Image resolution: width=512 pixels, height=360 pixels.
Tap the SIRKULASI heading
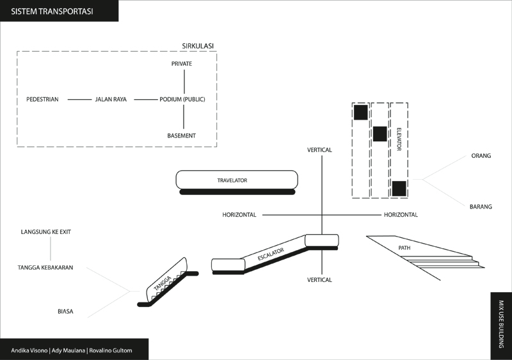[x=198, y=45]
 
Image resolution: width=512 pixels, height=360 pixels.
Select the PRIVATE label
[x=182, y=64]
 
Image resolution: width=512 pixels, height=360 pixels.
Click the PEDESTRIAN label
[x=43, y=100]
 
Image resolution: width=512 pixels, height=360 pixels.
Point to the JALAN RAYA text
[x=111, y=100]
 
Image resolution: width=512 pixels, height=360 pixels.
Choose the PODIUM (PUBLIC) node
[x=182, y=100]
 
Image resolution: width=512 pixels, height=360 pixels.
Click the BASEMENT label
[x=182, y=136]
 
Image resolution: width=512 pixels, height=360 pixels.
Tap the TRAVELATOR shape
[x=236, y=180]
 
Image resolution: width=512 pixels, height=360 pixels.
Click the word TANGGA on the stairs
[x=163, y=281]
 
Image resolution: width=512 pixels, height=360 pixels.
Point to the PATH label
[x=404, y=247]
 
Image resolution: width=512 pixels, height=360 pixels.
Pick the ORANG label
[x=481, y=155]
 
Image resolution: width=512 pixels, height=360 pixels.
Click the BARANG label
[x=481, y=207]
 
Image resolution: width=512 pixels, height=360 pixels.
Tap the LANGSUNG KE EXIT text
[x=45, y=231]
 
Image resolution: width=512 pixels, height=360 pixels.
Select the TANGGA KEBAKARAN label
[x=45, y=268]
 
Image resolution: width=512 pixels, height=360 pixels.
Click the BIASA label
[x=65, y=312]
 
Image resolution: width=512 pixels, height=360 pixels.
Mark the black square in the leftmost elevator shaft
[x=360, y=113]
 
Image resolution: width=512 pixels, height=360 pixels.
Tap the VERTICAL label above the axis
[x=319, y=150]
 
